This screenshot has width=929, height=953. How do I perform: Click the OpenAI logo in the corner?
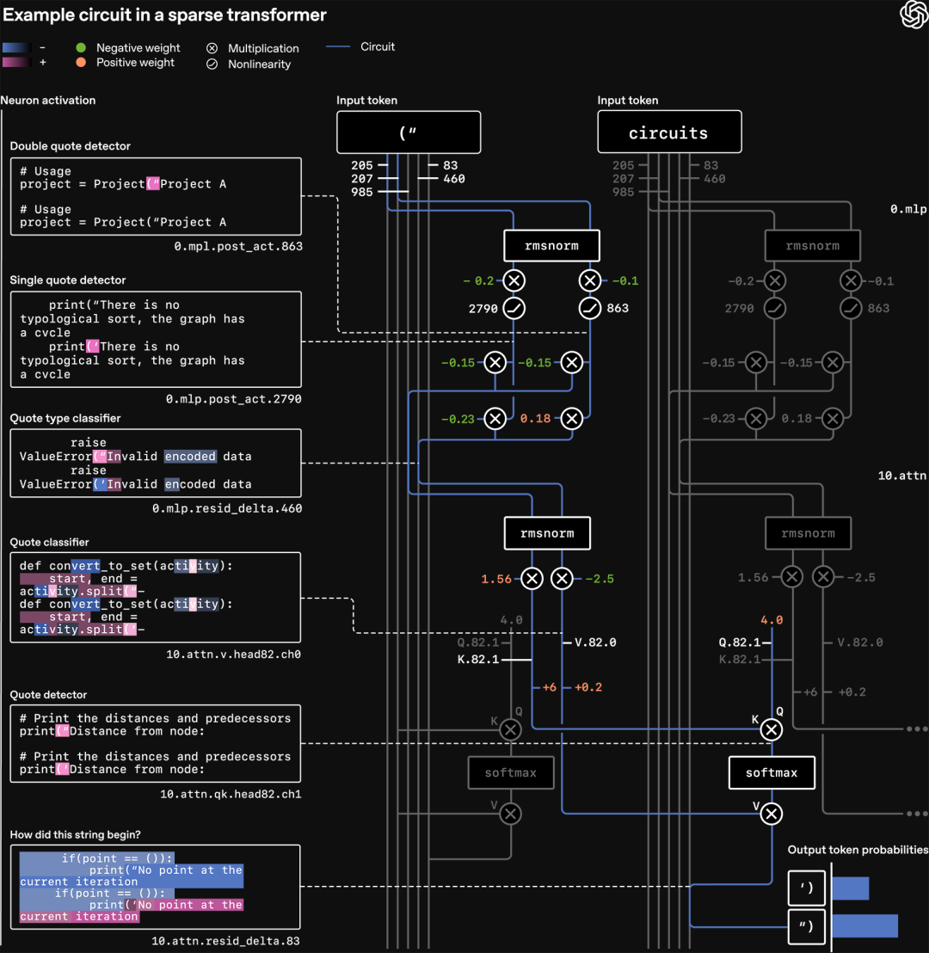coord(913,15)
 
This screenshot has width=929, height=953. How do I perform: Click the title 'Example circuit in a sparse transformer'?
coord(164,15)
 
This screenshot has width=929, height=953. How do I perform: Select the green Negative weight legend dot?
coord(81,48)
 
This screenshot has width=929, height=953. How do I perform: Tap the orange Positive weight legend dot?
coord(81,63)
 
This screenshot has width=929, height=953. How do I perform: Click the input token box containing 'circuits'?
coord(669,132)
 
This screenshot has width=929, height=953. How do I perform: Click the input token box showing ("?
coord(409,132)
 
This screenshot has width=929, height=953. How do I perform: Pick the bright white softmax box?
coord(772,772)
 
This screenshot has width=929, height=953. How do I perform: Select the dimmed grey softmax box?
coord(511,772)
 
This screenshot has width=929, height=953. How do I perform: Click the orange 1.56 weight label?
coord(497,579)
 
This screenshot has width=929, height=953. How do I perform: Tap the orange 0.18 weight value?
coord(534,419)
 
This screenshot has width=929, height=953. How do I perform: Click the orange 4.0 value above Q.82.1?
coord(772,620)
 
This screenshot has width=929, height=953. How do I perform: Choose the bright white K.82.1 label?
coord(478,660)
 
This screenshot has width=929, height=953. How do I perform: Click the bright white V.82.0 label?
coord(595,643)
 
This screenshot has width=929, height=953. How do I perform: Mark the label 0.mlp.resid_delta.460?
coord(227,508)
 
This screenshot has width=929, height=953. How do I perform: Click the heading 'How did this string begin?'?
coord(76,834)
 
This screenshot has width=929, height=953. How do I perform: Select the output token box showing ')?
coord(807,888)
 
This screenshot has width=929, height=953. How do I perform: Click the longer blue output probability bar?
coord(864,925)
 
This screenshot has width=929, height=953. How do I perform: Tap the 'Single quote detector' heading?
coord(68,280)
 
